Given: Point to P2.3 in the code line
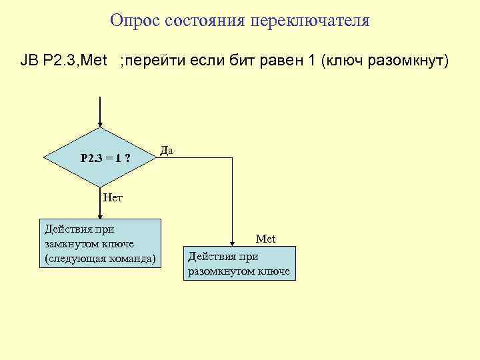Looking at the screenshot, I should click(x=61, y=62).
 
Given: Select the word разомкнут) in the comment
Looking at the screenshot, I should click(x=411, y=62).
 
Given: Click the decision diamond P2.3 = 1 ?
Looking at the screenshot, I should click(x=100, y=159).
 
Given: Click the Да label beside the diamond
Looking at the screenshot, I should click(x=167, y=151).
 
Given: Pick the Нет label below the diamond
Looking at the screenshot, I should click(x=113, y=197).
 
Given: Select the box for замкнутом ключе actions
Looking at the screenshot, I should click(x=100, y=243).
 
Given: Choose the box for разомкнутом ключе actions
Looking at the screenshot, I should click(x=239, y=263).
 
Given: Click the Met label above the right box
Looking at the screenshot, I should click(x=265, y=239).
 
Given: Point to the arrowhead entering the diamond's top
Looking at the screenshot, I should click(x=100, y=123).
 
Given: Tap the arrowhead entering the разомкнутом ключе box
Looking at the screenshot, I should click(x=232, y=243).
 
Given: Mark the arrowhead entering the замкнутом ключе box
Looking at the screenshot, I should click(x=100, y=216).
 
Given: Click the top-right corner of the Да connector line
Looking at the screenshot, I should click(x=232, y=159).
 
